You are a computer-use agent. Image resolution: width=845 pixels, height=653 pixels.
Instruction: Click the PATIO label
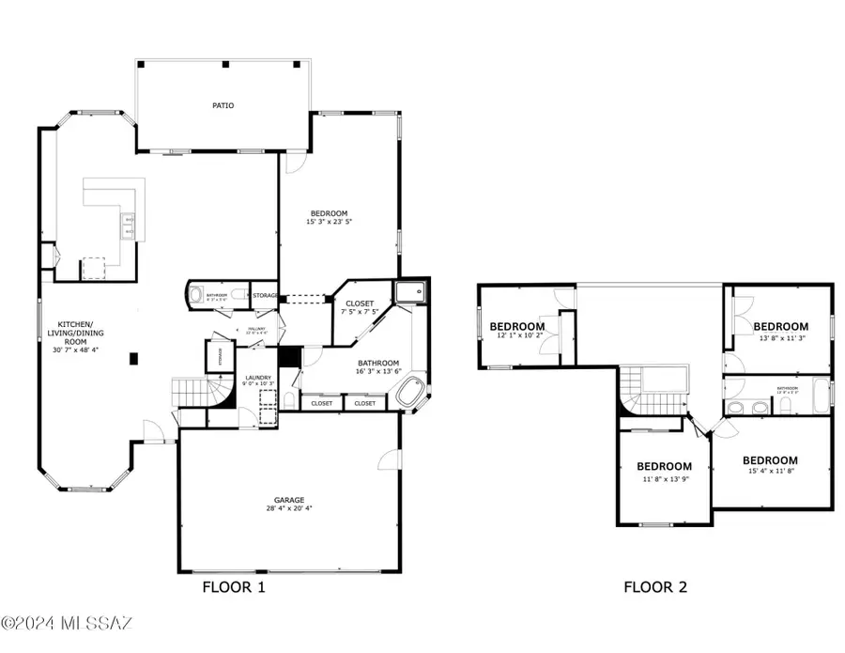tap(223, 105)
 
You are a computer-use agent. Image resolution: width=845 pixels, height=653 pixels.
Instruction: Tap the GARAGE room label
tap(289, 500)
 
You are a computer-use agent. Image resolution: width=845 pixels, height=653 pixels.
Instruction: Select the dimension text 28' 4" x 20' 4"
tap(289, 508)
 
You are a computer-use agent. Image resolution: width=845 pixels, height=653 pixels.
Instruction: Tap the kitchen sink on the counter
tap(128, 225)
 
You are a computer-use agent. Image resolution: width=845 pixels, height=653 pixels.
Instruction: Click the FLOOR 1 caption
tap(234, 587)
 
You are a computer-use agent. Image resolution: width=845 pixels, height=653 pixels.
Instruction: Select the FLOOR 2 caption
tap(655, 587)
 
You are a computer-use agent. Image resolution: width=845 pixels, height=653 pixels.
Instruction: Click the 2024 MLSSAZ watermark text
tap(68, 622)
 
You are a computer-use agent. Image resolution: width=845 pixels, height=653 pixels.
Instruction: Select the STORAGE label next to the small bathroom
tap(265, 296)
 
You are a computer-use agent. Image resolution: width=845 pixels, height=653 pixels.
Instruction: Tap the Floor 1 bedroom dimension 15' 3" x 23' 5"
tap(328, 223)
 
